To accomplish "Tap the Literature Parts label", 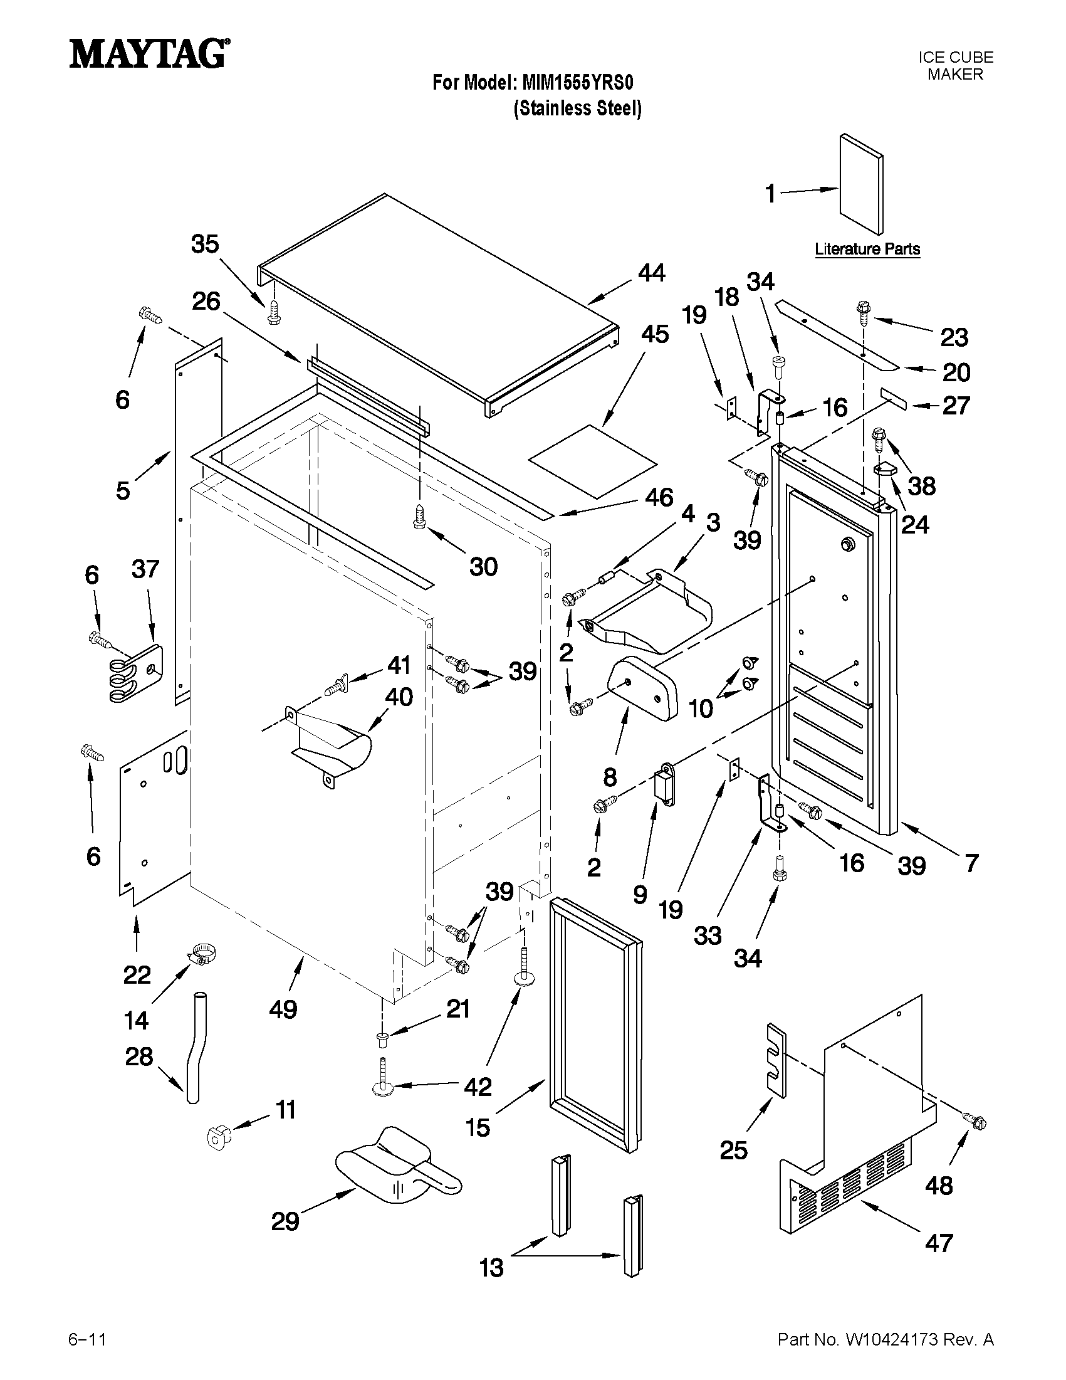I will pos(867,249).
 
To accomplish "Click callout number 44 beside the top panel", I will pos(651,273).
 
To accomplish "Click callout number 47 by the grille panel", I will pos(938,1243).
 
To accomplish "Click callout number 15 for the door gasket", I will pos(478,1127).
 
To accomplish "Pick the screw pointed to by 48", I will pos(975,1120).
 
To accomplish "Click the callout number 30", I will pos(483,567).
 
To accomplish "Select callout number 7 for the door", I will pos(971,863).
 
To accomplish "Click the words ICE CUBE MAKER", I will pos(955,66).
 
